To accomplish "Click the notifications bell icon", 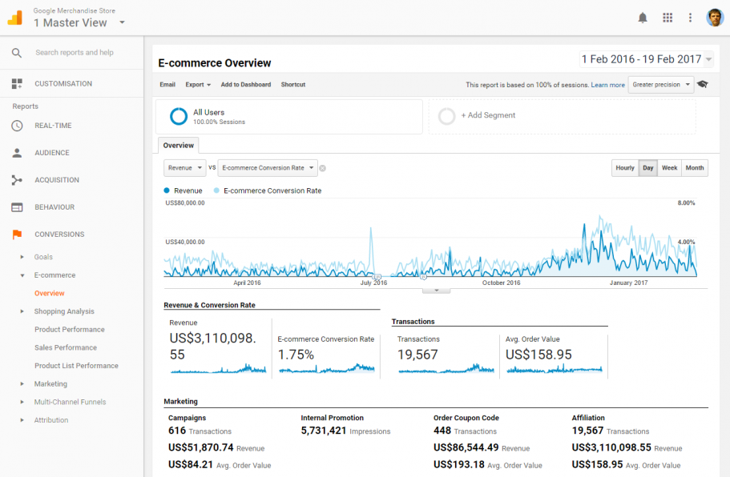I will coord(643,18).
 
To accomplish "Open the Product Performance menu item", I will coord(70,330).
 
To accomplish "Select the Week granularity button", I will coord(669,168).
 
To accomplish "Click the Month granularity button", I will coord(695,168).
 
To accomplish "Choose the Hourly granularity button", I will coord(625,168).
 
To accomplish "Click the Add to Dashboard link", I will coord(246,85).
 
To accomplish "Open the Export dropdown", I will coord(198,85).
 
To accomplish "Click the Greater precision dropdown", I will coord(661,85).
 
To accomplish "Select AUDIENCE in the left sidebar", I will coord(52,153).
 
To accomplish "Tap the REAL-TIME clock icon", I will coord(17,126).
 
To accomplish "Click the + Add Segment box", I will coord(562,116).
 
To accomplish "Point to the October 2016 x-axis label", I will coord(501,283).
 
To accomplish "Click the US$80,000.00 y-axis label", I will coord(185,203).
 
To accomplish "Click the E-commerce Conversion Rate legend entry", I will coord(272,191).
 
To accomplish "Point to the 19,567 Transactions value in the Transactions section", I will coord(418,355).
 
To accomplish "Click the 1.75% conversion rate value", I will coord(296,355).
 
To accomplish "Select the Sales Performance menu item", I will coord(66,348).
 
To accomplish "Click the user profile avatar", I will coord(715,18).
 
